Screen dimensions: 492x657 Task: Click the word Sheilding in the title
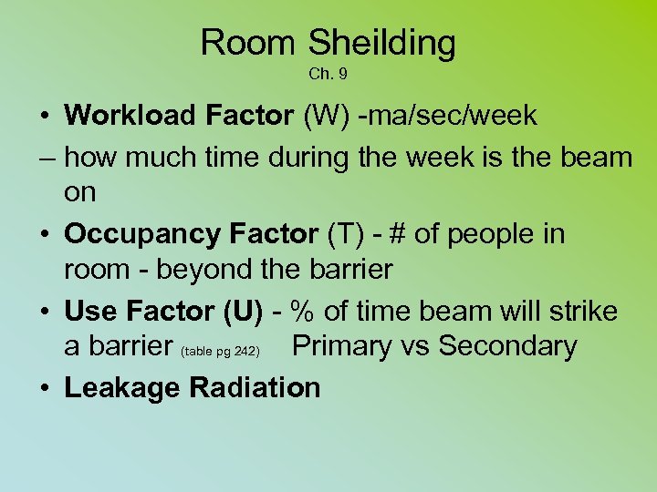coord(381,43)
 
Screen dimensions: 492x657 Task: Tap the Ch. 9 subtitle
coord(328,73)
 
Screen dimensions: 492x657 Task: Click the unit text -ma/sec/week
coord(447,116)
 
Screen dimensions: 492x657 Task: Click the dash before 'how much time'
coord(47,157)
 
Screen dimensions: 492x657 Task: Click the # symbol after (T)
coord(396,233)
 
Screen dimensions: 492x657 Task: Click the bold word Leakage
coord(122,388)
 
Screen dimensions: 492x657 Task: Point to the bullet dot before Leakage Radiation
coord(44,388)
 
